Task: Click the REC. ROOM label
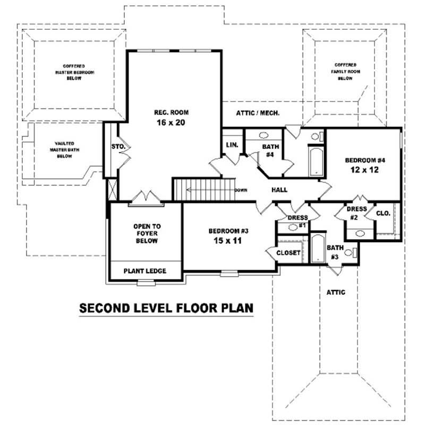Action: (171, 112)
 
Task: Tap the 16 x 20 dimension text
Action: (171, 122)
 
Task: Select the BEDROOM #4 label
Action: (364, 160)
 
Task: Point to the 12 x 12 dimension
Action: (364, 171)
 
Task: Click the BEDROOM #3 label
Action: (228, 231)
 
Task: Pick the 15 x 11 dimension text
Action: (228, 241)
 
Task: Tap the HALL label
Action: (279, 190)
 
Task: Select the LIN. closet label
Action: (232, 145)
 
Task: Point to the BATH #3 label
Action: (335, 252)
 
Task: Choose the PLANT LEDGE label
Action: (145, 271)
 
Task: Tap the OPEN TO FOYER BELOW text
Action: (147, 233)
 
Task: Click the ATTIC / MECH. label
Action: (258, 113)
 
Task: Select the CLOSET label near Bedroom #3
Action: (289, 253)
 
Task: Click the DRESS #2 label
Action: (357, 213)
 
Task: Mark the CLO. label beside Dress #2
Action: (384, 213)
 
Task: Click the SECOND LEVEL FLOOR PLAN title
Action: (166, 308)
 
